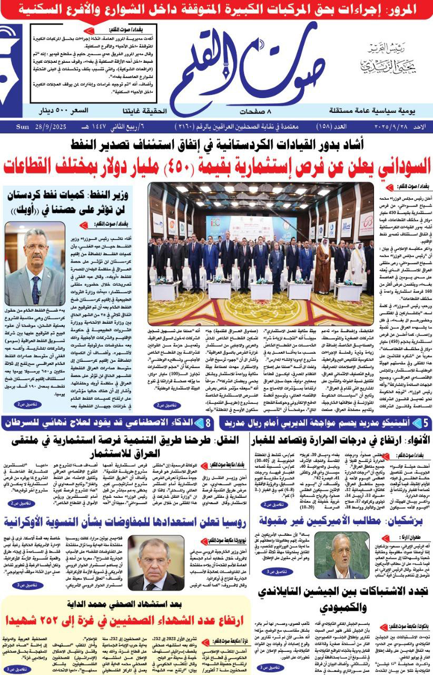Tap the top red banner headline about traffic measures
(x=216, y=8)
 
